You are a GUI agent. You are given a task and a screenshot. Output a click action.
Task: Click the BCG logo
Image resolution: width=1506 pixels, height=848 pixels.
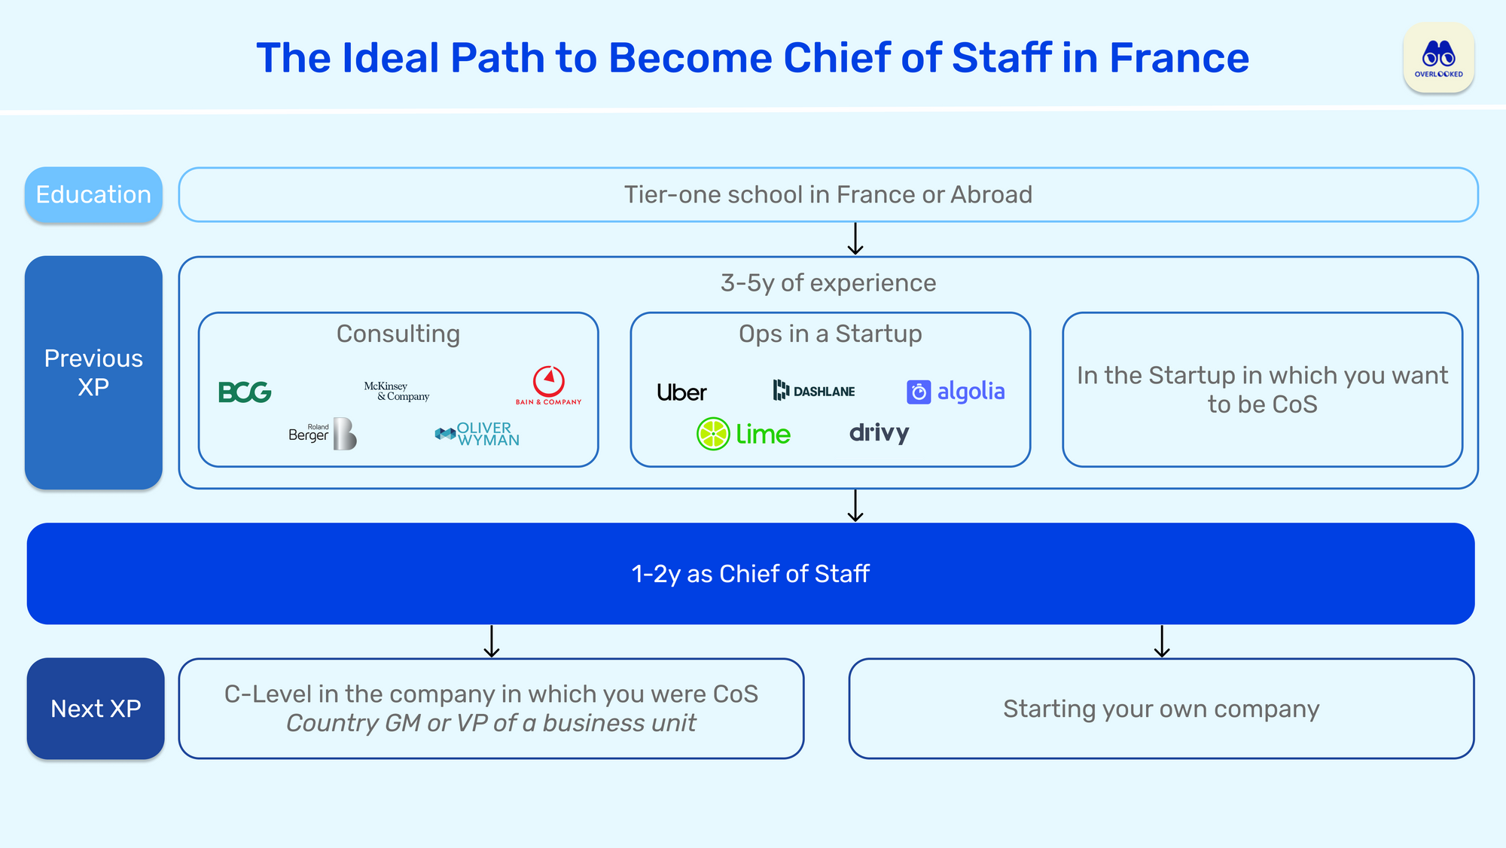coord(245,392)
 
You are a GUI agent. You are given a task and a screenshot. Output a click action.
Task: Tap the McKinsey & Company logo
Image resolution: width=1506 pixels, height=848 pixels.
coord(396,391)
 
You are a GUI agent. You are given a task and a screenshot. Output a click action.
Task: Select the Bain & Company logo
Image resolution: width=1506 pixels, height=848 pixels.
coord(549,386)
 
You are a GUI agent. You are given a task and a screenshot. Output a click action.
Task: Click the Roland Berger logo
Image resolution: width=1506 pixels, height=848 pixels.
coord(322,434)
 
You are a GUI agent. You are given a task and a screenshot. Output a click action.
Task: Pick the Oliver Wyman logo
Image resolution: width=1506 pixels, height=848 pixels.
coord(477,434)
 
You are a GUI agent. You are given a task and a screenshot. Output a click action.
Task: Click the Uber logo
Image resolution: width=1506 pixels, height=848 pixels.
coord(681,392)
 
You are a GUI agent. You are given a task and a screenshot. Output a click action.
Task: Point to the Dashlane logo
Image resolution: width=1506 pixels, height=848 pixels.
coord(814,390)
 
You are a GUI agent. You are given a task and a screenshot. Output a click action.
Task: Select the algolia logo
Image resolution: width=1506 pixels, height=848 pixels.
coord(956,392)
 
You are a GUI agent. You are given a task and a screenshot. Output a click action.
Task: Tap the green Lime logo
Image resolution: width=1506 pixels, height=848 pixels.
coord(743,434)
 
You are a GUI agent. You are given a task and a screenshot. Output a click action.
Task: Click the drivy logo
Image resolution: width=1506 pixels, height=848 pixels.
coord(879,432)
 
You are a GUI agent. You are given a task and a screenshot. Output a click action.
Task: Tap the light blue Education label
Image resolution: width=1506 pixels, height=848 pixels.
coord(93,194)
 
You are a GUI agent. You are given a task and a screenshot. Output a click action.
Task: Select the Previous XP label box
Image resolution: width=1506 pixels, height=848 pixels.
coord(93,373)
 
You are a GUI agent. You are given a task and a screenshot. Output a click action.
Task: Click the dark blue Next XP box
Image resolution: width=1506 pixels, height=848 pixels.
coord(96,709)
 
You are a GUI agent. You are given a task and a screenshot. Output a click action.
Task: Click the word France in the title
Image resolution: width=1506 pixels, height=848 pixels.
coord(1178,58)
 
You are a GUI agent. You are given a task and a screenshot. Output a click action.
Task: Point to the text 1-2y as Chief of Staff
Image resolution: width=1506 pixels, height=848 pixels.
coord(750,574)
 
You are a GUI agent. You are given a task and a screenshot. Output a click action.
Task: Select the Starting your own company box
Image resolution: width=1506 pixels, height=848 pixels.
coord(1161,709)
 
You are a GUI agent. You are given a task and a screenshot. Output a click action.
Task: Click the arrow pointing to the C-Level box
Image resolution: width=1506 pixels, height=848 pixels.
coord(492,642)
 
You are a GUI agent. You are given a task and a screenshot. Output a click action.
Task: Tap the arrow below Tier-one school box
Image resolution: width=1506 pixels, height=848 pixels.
coord(855,239)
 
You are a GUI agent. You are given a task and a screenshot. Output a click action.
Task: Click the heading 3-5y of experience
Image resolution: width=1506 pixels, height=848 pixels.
coord(828,282)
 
